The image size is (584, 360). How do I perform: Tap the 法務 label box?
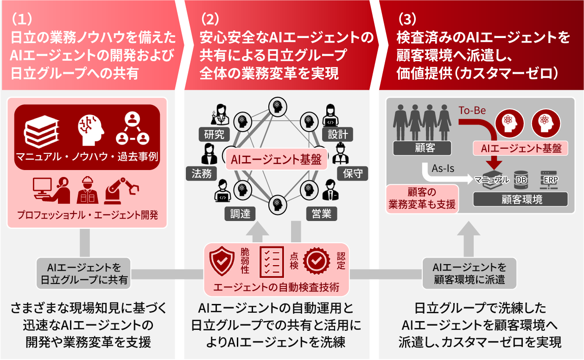[x=202, y=173]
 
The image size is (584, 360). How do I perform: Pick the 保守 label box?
[x=355, y=173]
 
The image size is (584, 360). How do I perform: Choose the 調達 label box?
[x=240, y=214]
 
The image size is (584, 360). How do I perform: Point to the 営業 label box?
[x=321, y=214]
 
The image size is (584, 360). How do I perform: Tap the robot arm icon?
[x=122, y=190]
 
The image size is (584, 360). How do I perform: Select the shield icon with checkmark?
[x=222, y=261]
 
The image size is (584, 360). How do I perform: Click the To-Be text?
[x=472, y=111]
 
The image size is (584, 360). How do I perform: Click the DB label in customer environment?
[x=521, y=180]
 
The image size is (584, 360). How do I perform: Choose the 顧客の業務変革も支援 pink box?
[x=422, y=198]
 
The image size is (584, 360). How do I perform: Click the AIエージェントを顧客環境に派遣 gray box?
[x=469, y=273]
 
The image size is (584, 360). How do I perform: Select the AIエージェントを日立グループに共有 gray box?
[x=83, y=273]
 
